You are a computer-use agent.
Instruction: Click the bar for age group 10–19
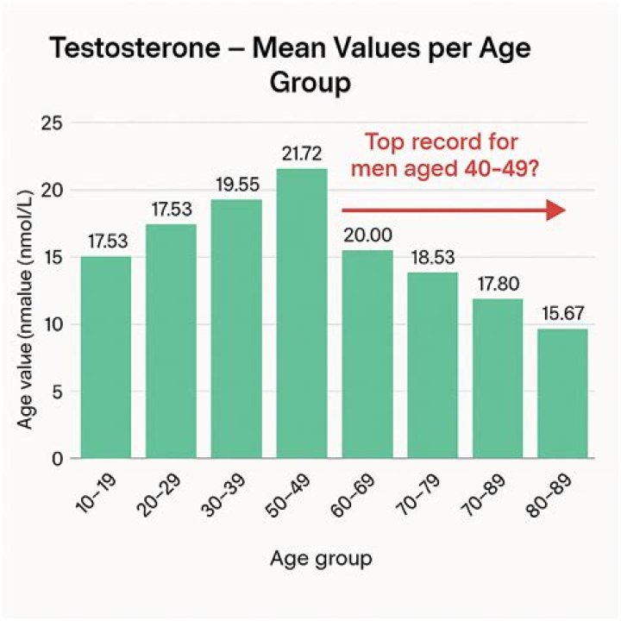click(106, 357)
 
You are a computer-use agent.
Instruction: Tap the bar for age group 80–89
click(565, 393)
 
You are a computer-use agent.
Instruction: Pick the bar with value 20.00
click(367, 354)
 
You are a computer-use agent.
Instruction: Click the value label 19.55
click(236, 186)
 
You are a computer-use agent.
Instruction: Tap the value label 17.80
click(499, 285)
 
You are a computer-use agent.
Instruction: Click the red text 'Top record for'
click(442, 142)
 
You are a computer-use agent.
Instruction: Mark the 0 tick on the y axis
click(57, 459)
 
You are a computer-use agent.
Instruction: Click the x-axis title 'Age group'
click(322, 558)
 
